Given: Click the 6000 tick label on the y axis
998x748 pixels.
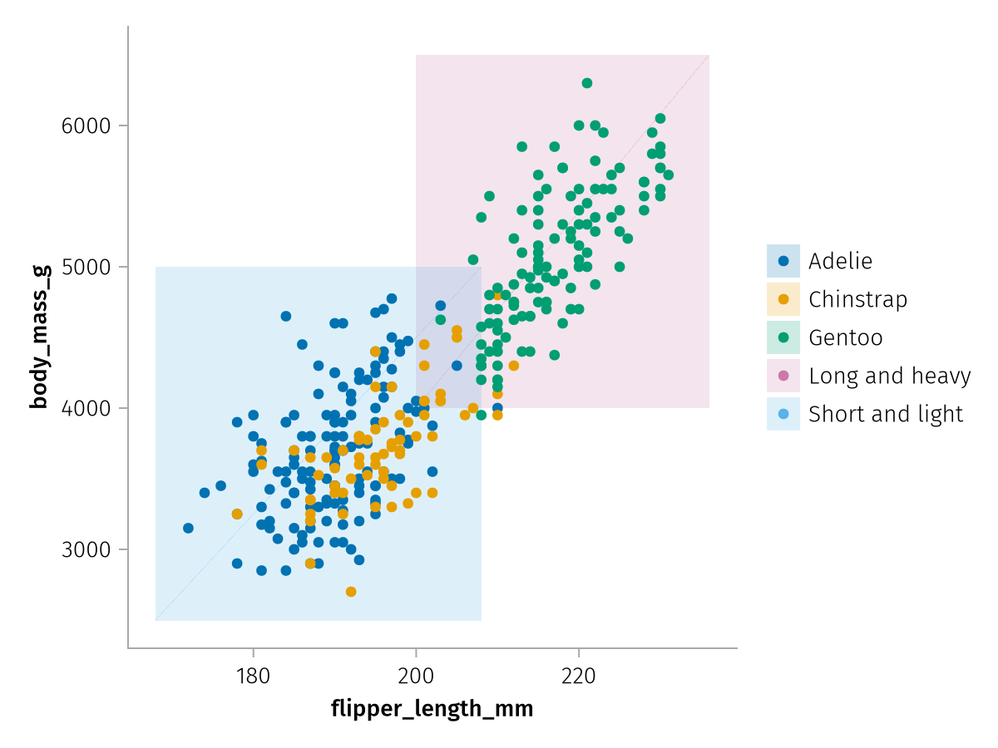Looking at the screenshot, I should coord(86,126).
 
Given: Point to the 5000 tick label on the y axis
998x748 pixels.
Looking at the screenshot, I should coord(86,268).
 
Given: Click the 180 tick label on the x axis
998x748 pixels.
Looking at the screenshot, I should coord(253,676).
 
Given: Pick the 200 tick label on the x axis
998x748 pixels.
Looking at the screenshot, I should coord(416,676).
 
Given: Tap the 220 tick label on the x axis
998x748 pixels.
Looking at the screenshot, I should coord(579,676).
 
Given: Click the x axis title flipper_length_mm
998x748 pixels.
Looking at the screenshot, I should coord(432,709).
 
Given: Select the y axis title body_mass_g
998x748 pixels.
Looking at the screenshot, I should coord(38,337).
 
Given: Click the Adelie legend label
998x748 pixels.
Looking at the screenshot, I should coord(840,261).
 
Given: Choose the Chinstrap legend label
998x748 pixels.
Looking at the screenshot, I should coord(857,299).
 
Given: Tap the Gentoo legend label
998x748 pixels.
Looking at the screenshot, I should coord(845,337).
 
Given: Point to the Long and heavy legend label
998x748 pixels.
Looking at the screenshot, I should coord(889,376).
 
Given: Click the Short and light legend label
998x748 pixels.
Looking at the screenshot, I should coord(886,414).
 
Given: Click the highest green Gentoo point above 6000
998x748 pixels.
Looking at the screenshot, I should coord(587,83).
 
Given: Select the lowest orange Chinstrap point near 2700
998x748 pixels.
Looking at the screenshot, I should coord(351,592).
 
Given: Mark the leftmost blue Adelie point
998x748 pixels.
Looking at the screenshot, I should coord(188,529).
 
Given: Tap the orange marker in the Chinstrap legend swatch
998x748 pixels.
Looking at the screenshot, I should coord(783,299).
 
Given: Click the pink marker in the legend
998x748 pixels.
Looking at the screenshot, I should coord(783,376).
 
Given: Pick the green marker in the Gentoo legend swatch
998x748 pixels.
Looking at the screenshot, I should coord(783,337).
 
